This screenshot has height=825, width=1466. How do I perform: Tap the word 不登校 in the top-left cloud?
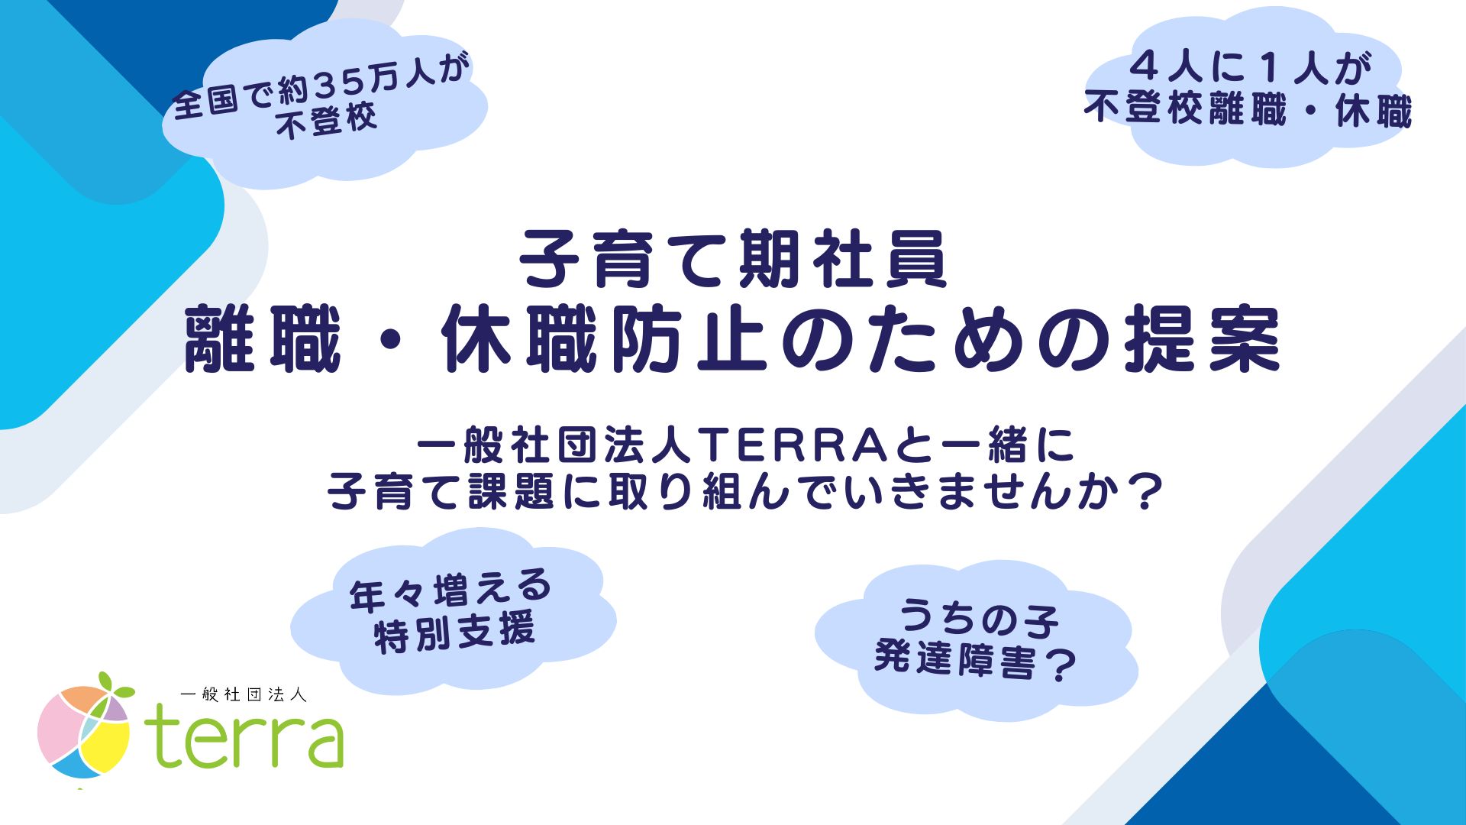click(x=327, y=121)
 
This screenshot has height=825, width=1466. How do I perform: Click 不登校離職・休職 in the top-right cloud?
click(x=1248, y=110)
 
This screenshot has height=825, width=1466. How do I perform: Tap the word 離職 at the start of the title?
click(x=263, y=339)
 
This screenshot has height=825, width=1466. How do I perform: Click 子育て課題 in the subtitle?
click(x=442, y=492)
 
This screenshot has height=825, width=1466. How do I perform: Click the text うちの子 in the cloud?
click(x=978, y=617)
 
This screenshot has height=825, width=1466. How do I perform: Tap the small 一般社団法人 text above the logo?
click(x=244, y=694)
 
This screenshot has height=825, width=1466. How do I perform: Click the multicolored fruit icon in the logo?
click(x=82, y=732)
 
